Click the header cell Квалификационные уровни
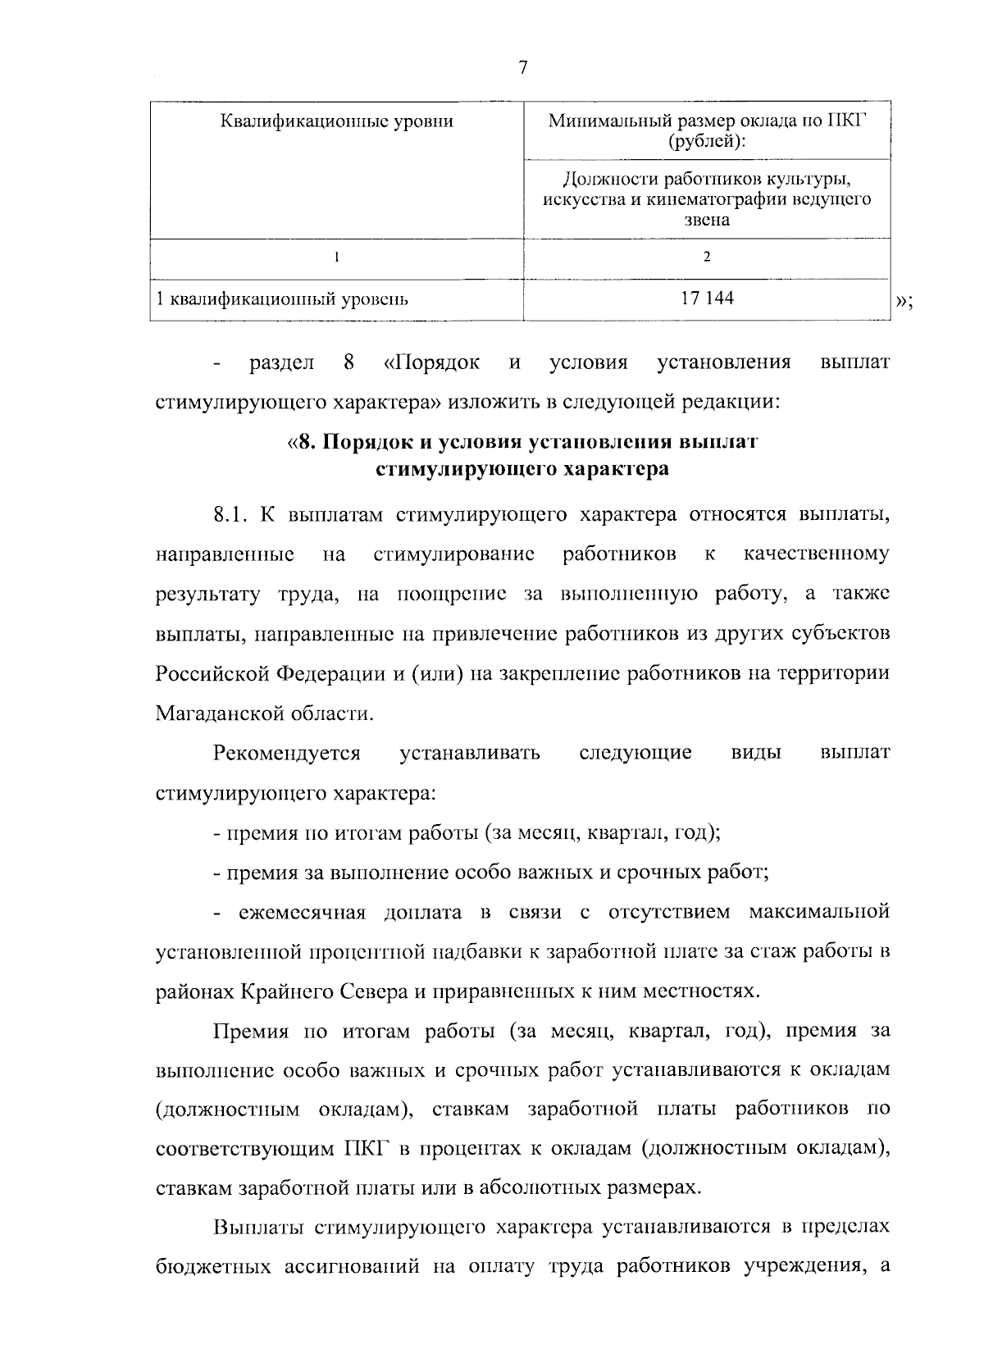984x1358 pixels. tap(337, 122)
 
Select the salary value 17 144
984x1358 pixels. tap(707, 298)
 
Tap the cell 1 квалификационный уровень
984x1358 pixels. tap(283, 299)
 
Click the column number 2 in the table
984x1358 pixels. tap(707, 257)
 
